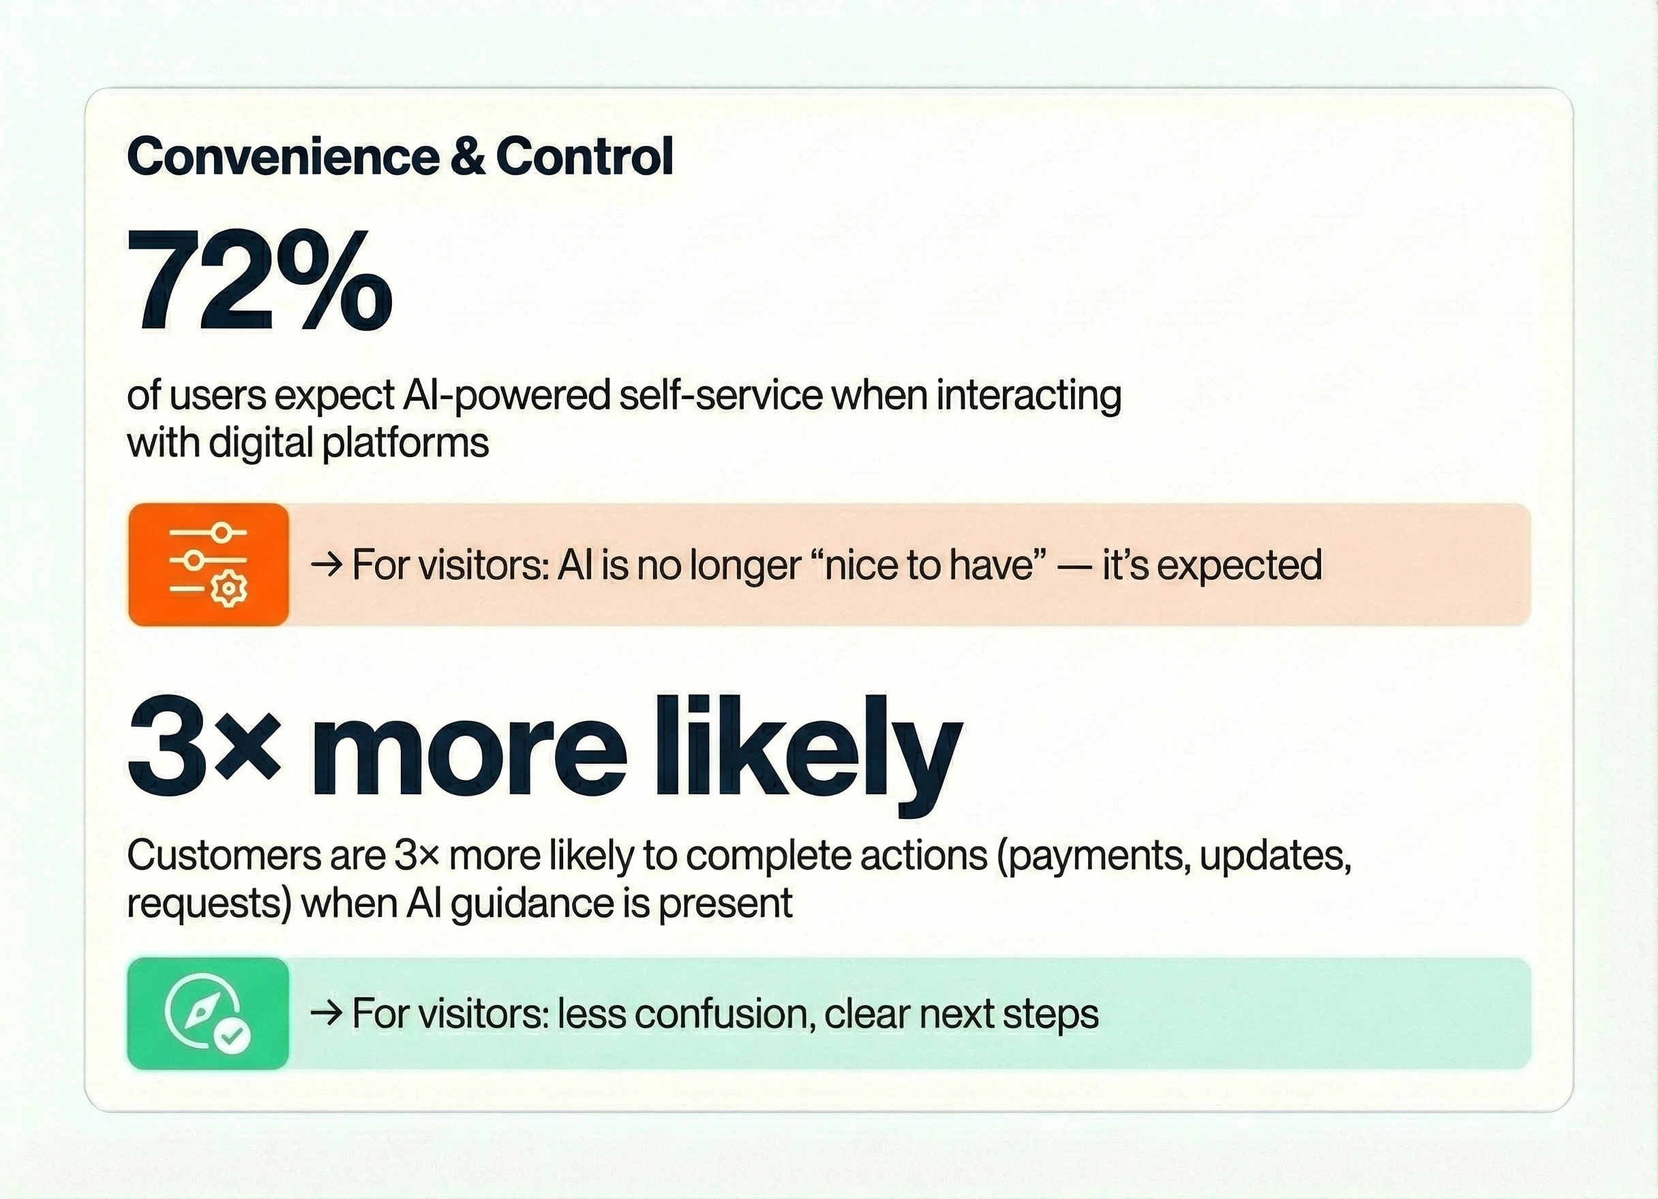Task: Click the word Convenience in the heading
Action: pyautogui.click(x=284, y=157)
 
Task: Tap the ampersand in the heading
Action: pyautogui.click(x=468, y=157)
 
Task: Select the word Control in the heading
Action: pyautogui.click(x=584, y=157)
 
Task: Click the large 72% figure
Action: pyautogui.click(x=260, y=280)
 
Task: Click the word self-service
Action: pyautogui.click(x=721, y=395)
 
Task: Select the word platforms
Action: pyautogui.click(x=405, y=443)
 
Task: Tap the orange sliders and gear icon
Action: pyautogui.click(x=209, y=564)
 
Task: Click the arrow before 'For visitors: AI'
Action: pyautogui.click(x=326, y=565)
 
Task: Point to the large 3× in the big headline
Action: pyautogui.click(x=204, y=747)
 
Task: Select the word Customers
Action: pyautogui.click(x=224, y=855)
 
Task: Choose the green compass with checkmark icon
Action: pyautogui.click(x=209, y=1014)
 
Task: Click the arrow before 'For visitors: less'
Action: pyautogui.click(x=326, y=1014)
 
